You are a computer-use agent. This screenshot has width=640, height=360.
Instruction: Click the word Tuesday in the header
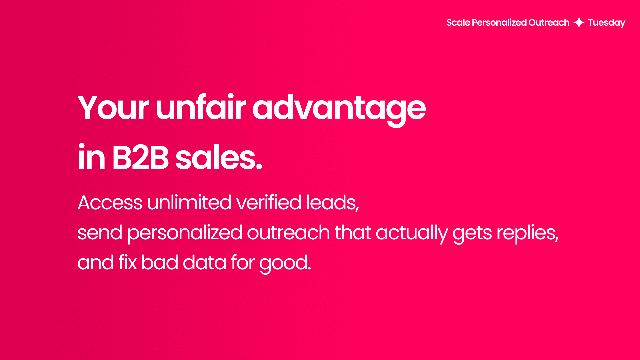(606, 23)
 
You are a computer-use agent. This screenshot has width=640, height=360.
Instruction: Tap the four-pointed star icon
(579, 23)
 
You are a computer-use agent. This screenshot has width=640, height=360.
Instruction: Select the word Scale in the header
(458, 23)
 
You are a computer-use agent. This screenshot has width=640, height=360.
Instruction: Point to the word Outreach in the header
(549, 23)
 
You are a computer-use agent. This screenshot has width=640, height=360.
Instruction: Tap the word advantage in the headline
(339, 108)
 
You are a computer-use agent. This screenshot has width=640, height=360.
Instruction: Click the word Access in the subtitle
(110, 202)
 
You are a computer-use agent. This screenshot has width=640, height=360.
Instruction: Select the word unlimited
(189, 202)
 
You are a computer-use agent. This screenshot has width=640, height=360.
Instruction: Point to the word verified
(269, 202)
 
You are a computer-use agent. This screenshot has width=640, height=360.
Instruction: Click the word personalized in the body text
(185, 233)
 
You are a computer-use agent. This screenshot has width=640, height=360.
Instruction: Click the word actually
(412, 233)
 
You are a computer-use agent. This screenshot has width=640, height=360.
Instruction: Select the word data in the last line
(204, 262)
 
